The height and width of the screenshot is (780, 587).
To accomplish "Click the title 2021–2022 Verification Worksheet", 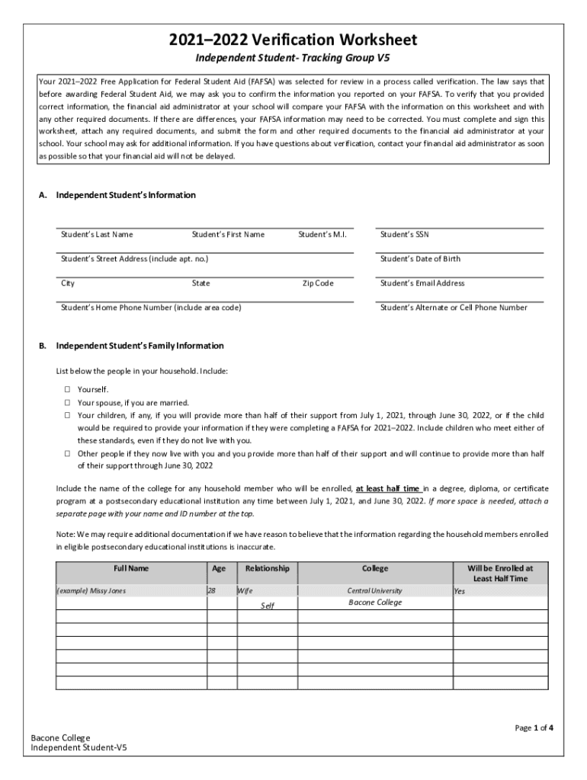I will click(293, 40).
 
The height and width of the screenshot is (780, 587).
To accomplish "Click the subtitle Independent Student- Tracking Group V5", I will click(293, 59).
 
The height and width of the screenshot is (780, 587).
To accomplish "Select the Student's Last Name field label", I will click(97, 235).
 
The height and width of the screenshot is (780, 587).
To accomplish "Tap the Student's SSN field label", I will click(404, 235).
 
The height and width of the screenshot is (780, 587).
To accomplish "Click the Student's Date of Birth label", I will click(420, 259).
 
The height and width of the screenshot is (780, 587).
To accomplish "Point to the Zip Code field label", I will click(318, 283).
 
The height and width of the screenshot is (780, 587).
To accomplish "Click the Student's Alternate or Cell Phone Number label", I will click(454, 308).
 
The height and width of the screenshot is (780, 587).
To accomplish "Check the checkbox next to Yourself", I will click(67, 390).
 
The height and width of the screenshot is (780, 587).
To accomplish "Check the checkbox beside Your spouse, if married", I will click(67, 403).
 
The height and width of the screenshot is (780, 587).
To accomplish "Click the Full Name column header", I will click(131, 568).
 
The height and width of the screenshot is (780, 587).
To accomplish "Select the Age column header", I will click(219, 568).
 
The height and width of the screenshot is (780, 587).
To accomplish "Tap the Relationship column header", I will click(267, 568).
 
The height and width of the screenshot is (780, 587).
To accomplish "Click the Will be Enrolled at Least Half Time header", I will click(499, 573).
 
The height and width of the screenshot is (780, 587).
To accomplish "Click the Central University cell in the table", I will click(374, 590).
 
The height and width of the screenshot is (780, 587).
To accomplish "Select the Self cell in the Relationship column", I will click(268, 606).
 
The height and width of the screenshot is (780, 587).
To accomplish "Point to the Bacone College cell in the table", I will click(374, 603).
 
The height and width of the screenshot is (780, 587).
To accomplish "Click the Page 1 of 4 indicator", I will click(534, 728).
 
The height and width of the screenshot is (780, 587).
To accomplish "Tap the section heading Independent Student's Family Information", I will click(140, 346).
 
